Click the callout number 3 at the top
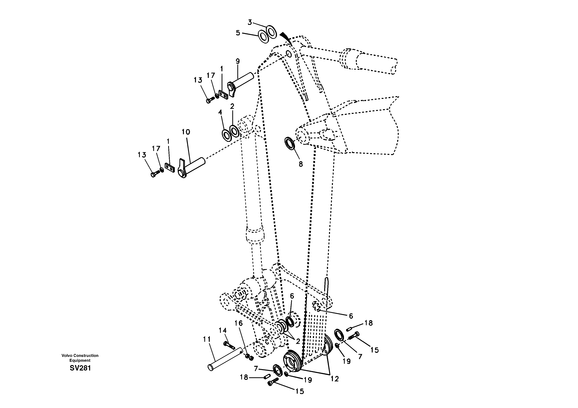click(x=250, y=22)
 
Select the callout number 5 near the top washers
click(x=238, y=33)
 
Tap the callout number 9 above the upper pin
click(x=238, y=61)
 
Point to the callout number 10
click(x=186, y=132)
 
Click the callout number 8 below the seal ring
click(x=301, y=164)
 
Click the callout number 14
click(x=223, y=330)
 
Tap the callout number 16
click(x=239, y=323)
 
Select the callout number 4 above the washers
click(x=220, y=112)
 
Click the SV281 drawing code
click(x=80, y=368)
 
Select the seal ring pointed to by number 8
click(x=290, y=143)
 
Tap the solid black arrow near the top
click(x=286, y=37)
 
